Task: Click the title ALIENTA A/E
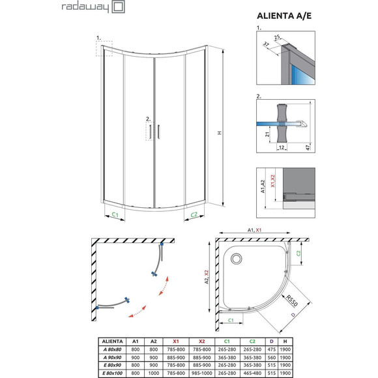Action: pos(281,18)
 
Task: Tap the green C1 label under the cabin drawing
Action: pos(114,214)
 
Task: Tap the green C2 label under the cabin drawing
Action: pos(194,214)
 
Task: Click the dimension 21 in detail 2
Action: pos(268,134)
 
